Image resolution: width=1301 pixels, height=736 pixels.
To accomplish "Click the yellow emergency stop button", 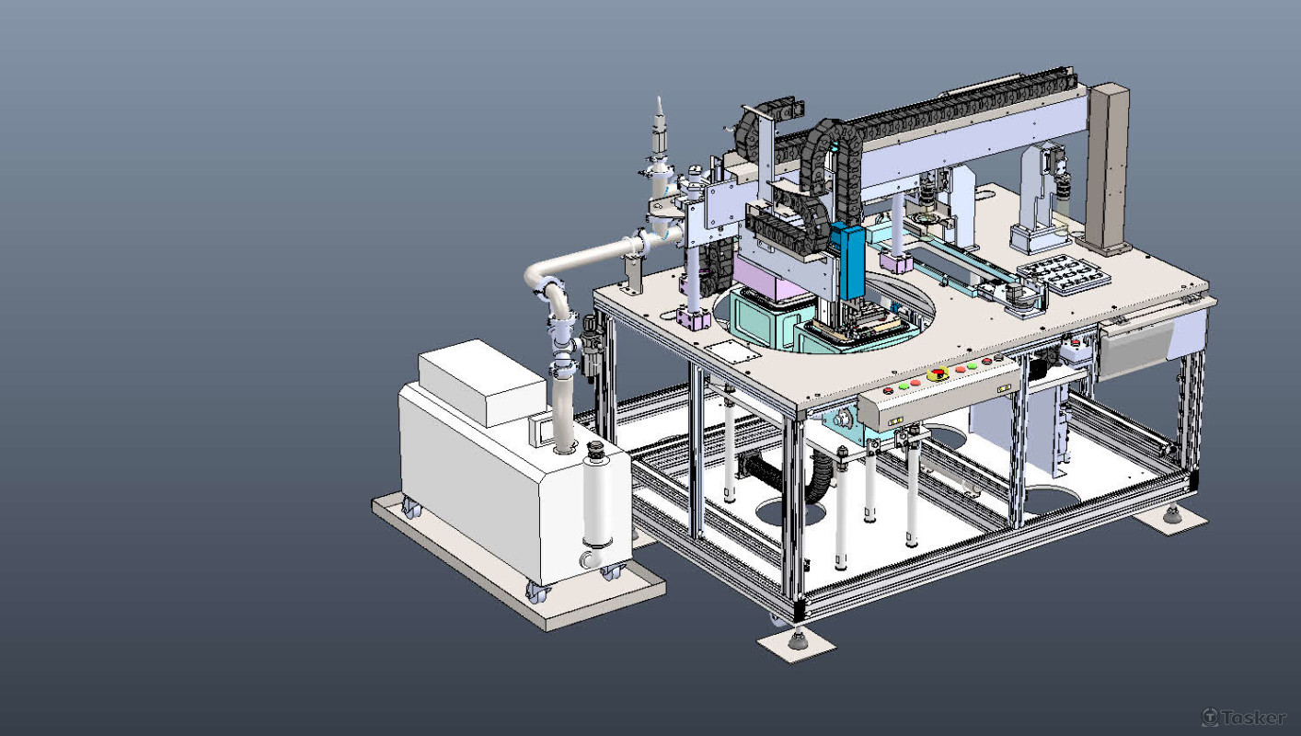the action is (x=938, y=374).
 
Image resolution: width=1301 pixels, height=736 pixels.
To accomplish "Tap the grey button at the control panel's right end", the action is (x=998, y=357).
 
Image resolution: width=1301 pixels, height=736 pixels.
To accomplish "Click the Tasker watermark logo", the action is (x=1244, y=717).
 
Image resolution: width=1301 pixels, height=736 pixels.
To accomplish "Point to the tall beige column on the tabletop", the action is (x=1108, y=168).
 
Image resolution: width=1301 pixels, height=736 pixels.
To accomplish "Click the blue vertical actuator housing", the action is (x=847, y=261).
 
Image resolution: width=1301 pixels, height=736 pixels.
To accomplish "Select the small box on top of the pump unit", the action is (x=482, y=382).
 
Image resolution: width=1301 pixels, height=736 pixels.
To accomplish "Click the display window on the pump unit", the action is (x=539, y=430).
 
